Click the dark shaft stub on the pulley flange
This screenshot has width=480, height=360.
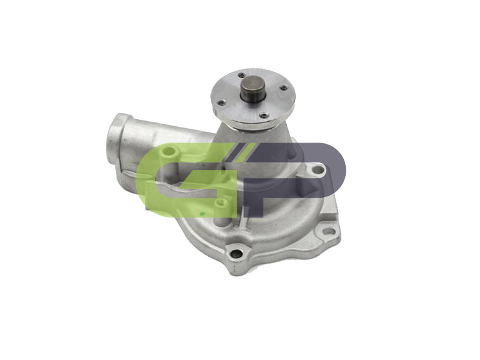(253, 89)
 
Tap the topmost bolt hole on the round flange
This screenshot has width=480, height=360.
(241, 75)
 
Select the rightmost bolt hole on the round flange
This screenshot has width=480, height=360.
(284, 88)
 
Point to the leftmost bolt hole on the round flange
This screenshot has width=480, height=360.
(221, 103)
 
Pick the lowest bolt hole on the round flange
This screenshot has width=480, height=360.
(264, 116)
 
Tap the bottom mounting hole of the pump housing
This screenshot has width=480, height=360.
(237, 254)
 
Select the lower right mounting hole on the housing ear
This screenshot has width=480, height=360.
(328, 231)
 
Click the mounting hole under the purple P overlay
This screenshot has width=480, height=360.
(319, 169)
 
